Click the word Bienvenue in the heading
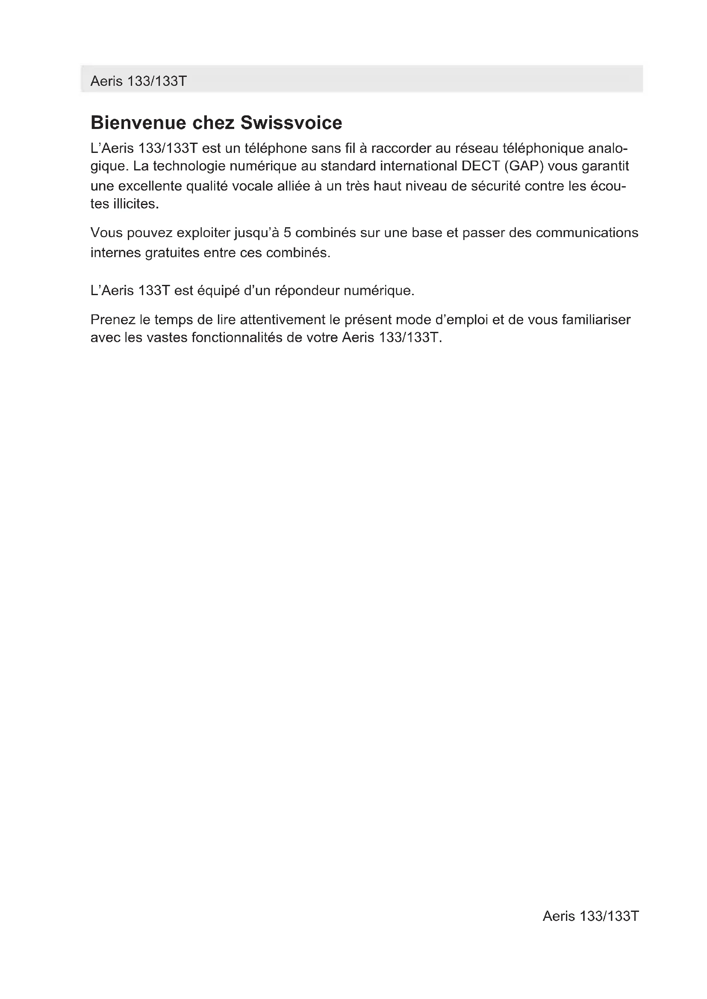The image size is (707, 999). click(138, 123)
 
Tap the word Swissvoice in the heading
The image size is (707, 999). click(291, 123)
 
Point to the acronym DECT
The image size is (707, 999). click(477, 166)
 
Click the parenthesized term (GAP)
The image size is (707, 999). click(522, 166)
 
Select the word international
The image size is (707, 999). click(418, 166)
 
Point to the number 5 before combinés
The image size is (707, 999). click(287, 233)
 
